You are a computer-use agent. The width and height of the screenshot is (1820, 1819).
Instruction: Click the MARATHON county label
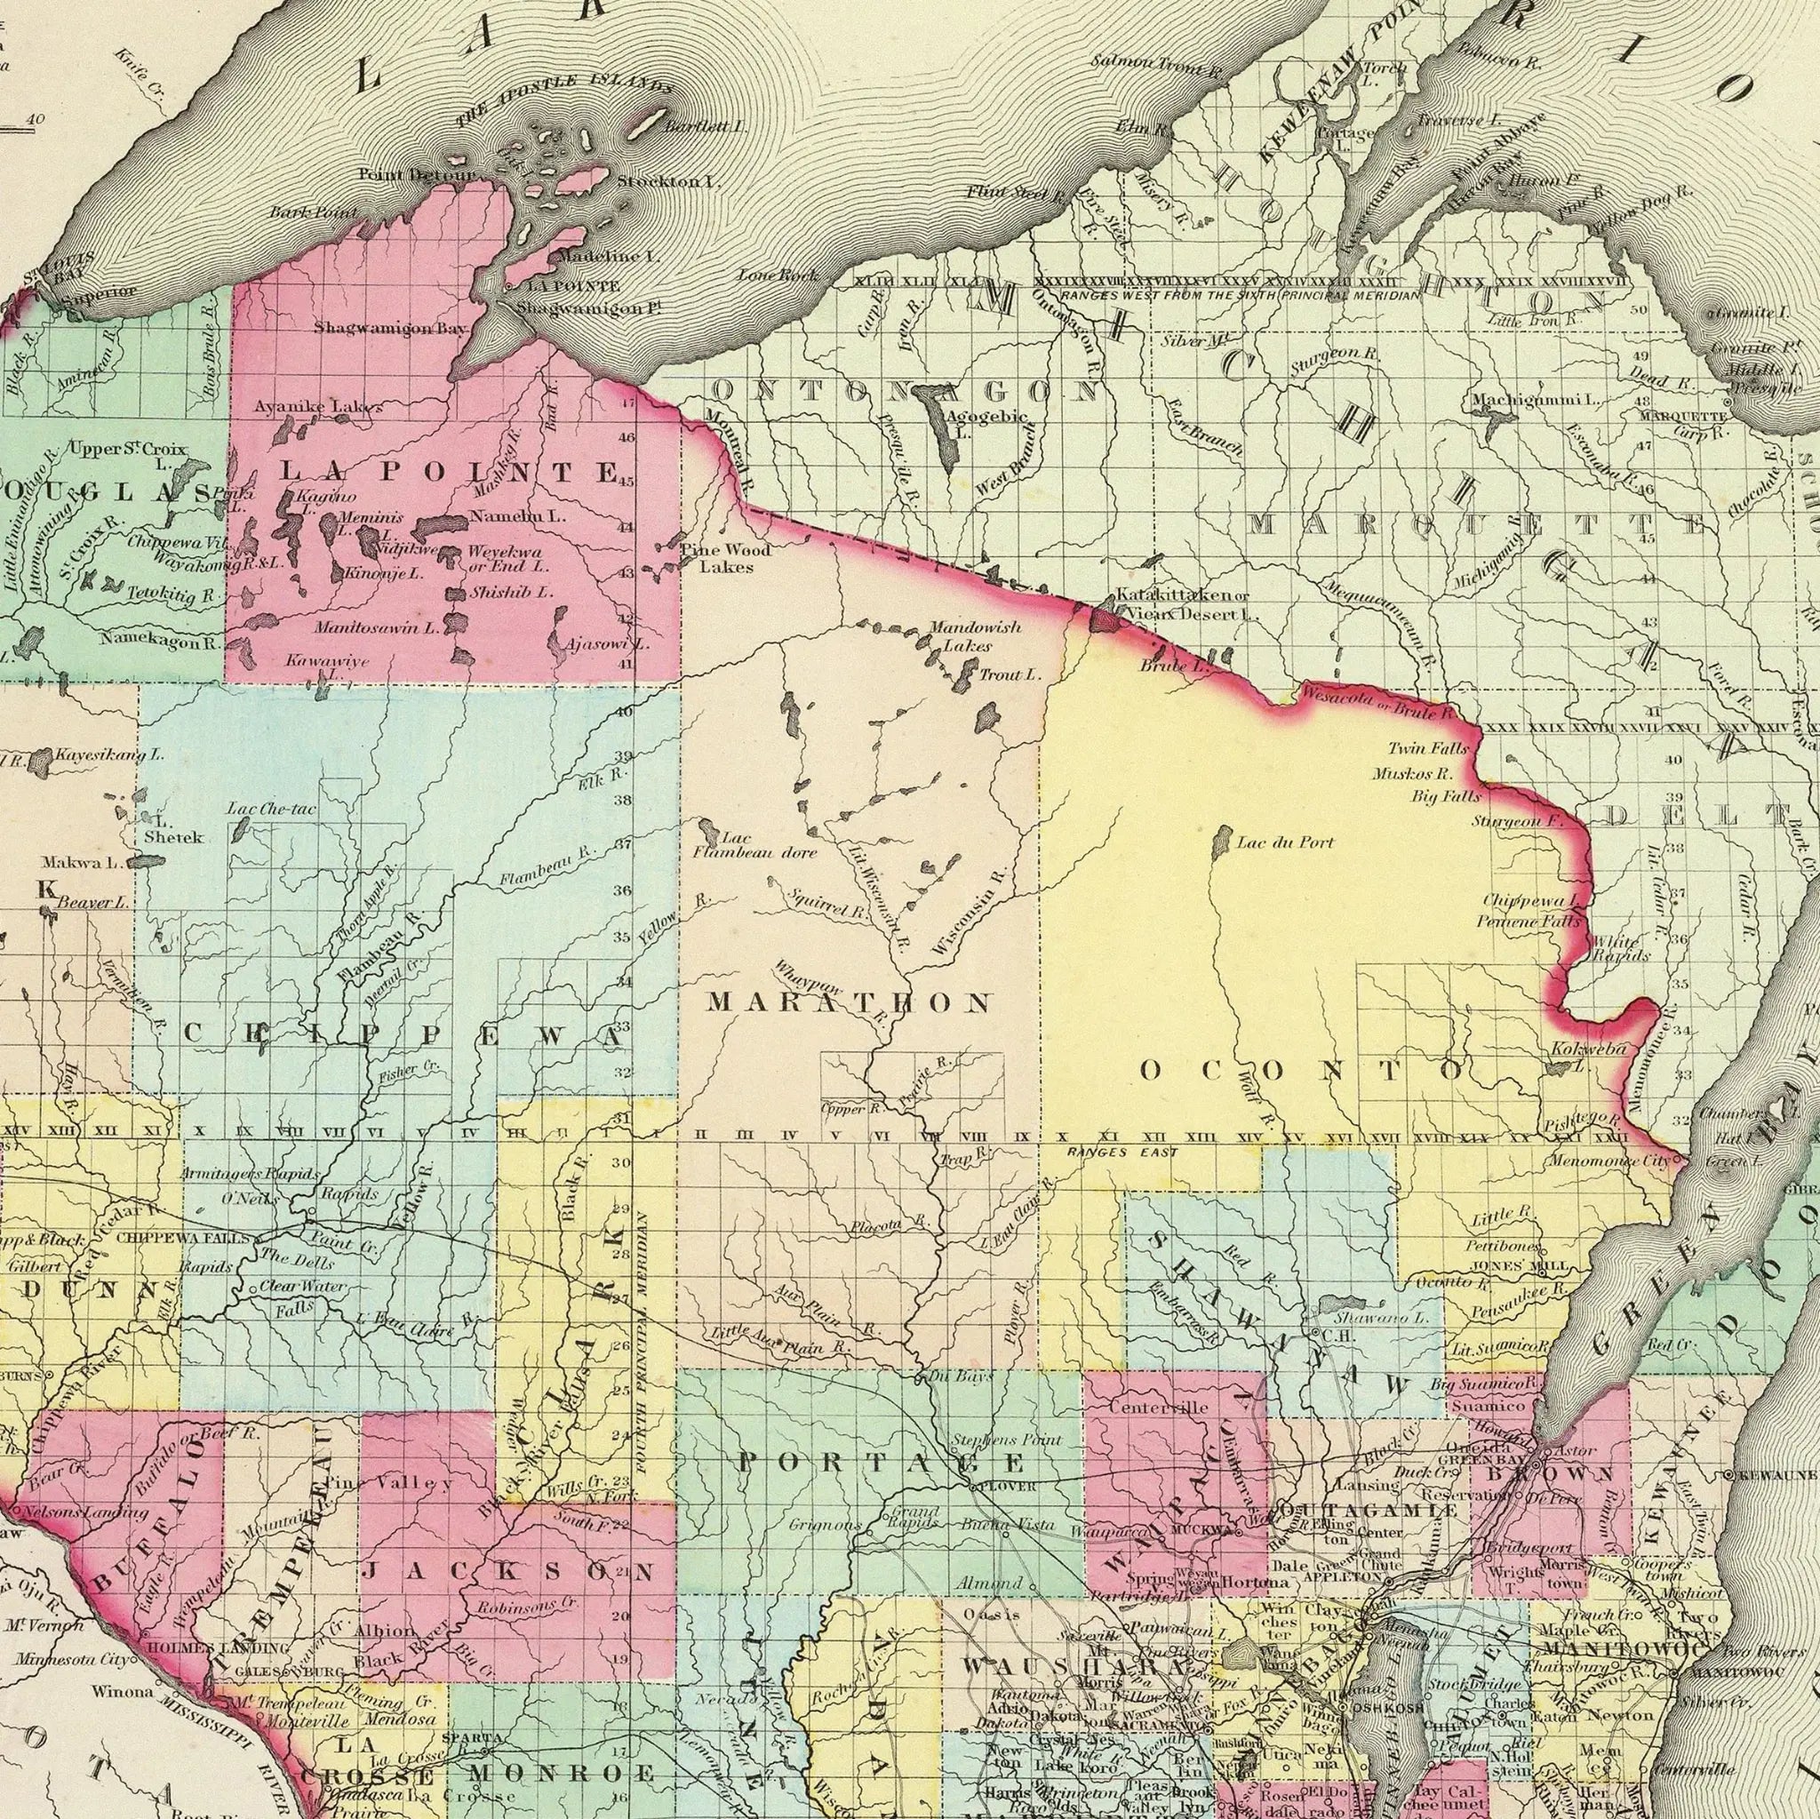click(x=849, y=1002)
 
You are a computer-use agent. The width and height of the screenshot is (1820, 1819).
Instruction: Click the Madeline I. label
click(x=609, y=255)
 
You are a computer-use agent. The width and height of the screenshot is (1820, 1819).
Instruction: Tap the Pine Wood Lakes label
click(x=729, y=558)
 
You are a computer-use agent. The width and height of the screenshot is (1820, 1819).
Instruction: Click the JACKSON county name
click(x=508, y=1572)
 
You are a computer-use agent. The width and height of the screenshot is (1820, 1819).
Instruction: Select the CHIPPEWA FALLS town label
click(x=183, y=1238)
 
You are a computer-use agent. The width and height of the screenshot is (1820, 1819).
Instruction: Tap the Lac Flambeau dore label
click(x=754, y=845)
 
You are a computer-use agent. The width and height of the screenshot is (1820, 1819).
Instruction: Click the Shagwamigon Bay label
click(x=389, y=328)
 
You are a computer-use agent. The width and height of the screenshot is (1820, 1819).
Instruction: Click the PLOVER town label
click(x=1009, y=1488)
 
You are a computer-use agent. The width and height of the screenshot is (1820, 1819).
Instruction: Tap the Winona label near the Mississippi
click(x=122, y=1691)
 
